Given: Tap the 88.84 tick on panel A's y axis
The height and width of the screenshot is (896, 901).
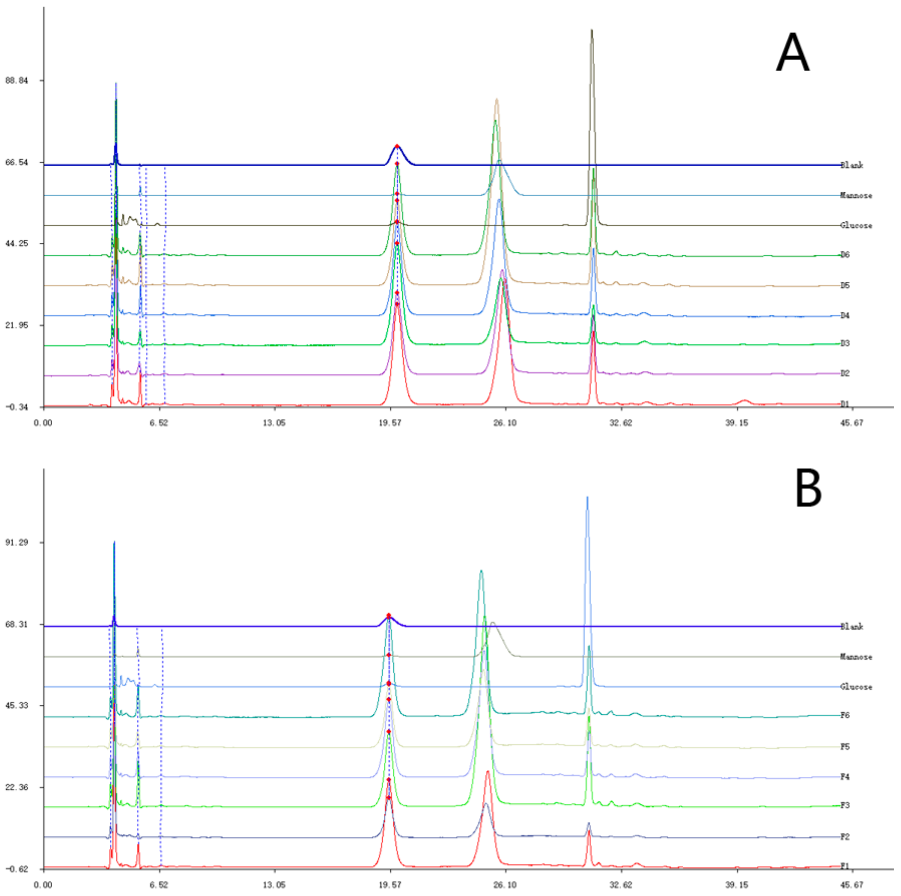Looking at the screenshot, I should tap(16, 80).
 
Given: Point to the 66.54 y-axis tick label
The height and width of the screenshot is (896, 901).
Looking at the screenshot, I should tap(16, 162).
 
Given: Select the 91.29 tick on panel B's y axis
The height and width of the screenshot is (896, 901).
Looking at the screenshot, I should tap(16, 542).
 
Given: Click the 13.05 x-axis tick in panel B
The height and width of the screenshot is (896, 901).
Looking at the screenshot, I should tap(274, 884).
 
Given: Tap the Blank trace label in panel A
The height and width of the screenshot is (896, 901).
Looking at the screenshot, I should tap(852, 165).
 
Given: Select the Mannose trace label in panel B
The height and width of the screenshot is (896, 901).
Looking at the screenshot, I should tap(856, 657).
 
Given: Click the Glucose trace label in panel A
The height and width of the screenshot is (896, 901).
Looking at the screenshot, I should tap(856, 225).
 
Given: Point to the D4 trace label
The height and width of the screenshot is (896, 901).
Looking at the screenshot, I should tap(845, 316).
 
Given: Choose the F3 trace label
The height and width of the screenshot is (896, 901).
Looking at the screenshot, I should tap(845, 805).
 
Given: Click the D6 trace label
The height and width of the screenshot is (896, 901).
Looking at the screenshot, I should tap(845, 255).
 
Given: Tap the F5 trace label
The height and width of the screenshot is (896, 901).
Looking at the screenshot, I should tap(845, 747).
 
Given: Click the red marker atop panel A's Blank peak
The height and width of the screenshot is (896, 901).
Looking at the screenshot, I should tap(397, 146).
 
